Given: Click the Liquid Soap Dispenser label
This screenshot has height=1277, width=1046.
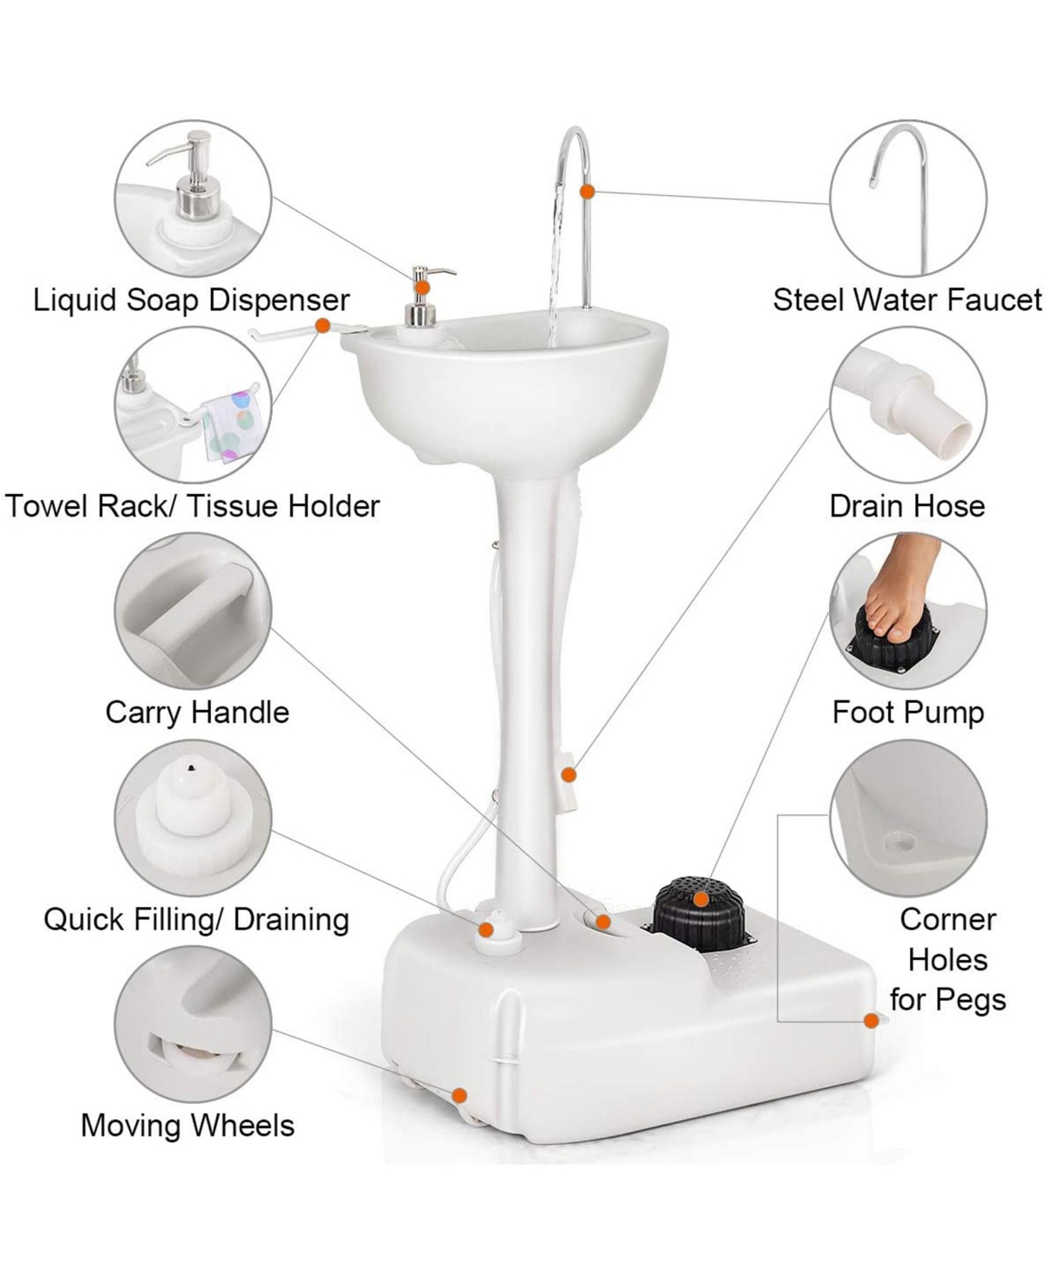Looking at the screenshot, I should [191, 300].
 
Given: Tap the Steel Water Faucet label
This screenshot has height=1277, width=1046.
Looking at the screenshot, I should [907, 300].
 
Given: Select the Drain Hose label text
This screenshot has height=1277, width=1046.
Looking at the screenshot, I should [907, 506].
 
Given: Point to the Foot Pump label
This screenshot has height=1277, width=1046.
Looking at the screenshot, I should [907, 713].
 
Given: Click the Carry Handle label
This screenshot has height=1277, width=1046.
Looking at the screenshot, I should [197, 713].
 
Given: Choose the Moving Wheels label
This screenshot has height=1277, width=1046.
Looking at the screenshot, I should [187, 1125].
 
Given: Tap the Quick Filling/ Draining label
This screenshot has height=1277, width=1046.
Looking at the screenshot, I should [196, 919].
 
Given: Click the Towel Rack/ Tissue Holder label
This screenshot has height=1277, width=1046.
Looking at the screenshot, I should [193, 506].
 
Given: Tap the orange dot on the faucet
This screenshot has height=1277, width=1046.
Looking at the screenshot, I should [588, 191].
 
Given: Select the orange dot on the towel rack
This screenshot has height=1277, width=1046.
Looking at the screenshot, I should [322, 325].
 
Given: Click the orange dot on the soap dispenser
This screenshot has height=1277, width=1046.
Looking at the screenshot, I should [422, 287].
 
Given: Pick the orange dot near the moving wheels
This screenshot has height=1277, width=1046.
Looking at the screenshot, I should [459, 1096].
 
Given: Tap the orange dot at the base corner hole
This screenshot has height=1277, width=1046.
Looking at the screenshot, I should [870, 1021].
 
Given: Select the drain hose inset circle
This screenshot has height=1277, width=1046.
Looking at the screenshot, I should [907, 406].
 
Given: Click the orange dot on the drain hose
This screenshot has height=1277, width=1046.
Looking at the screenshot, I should [569, 774].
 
